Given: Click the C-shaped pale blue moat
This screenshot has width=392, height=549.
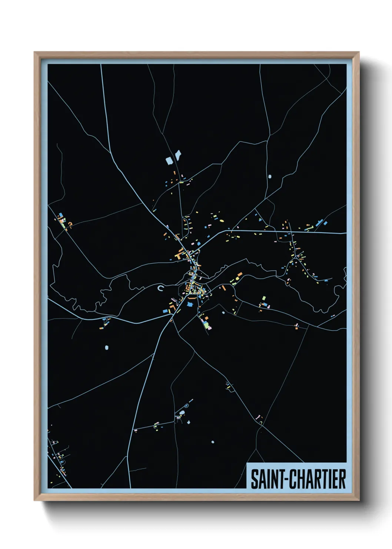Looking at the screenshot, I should (x=160, y=288).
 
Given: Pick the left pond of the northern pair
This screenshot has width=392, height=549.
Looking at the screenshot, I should (x=169, y=161).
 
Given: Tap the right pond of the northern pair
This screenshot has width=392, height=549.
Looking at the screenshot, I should (x=178, y=154).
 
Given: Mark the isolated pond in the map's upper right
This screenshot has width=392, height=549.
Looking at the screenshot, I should (x=269, y=176).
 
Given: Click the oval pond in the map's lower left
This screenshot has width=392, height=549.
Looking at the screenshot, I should (x=107, y=348).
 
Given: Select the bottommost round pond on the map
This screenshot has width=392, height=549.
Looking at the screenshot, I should (x=213, y=442).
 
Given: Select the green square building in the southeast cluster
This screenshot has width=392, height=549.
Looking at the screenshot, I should (x=263, y=298).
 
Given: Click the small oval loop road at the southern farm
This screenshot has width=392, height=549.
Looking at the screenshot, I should (x=182, y=412).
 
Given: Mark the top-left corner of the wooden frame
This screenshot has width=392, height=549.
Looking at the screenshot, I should (x=34, y=52).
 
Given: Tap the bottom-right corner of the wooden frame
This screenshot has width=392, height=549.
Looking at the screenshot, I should (x=359, y=500).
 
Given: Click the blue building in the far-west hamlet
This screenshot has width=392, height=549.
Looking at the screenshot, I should (x=61, y=215).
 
